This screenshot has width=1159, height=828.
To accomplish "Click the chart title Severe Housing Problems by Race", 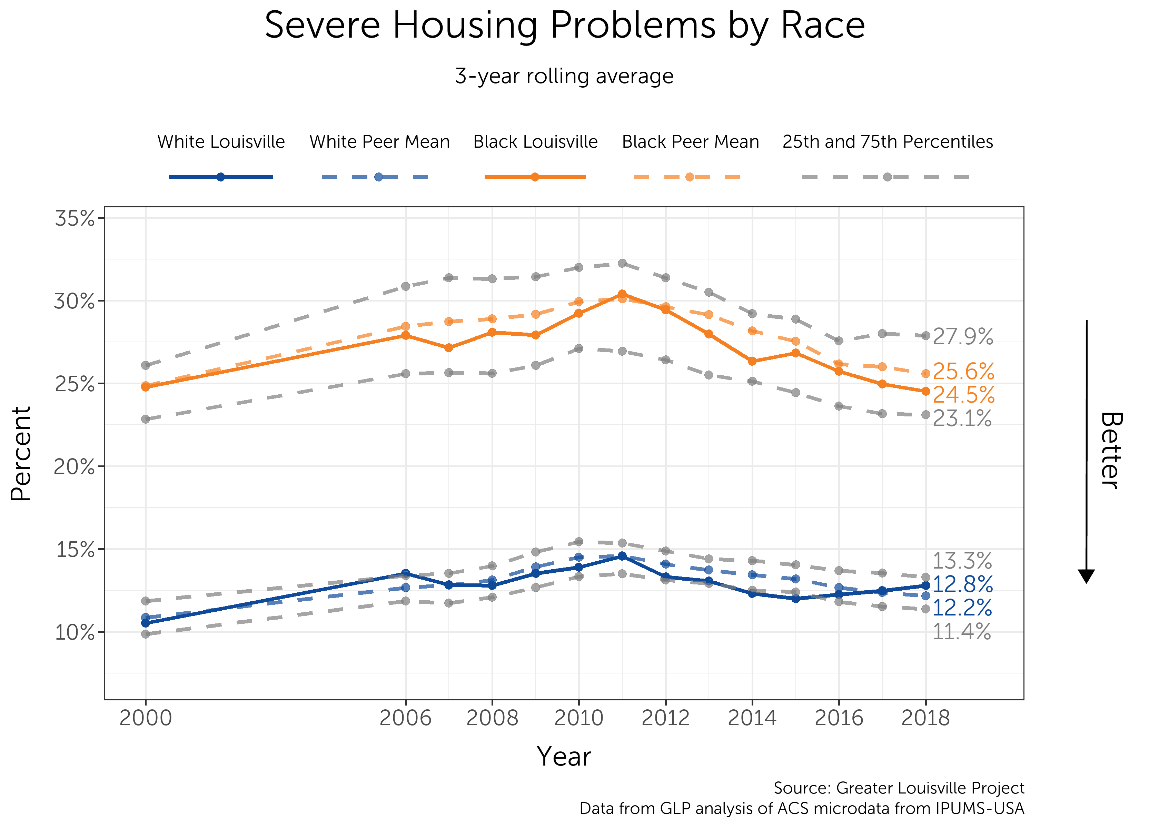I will point(564,26).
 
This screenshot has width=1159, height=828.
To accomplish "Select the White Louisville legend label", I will point(221,142).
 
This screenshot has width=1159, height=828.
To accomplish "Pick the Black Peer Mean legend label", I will point(690,142).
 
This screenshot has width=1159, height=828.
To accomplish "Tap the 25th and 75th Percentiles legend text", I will point(887,142).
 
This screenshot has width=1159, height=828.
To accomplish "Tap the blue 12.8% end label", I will point(962,584).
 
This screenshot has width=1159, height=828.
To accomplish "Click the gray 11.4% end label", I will point(962,632).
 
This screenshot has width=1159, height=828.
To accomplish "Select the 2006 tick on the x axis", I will point(405,718).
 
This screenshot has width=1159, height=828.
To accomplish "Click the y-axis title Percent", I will point(21,453).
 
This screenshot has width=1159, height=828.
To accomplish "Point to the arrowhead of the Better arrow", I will point(1086,576).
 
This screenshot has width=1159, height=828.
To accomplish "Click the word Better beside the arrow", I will point(1111,450).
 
